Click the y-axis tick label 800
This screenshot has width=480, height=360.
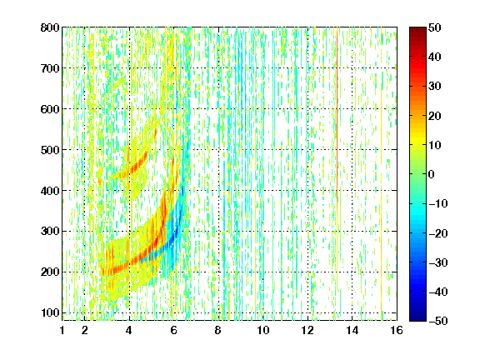click(50, 27)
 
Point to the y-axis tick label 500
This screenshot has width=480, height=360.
click(50, 150)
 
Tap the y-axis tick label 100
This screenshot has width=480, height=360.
click(50, 312)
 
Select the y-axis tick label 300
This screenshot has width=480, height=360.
click(50, 232)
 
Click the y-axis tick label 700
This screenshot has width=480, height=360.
click(50, 68)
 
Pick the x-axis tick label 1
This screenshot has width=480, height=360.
click(62, 330)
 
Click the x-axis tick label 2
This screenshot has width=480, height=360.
click(85, 330)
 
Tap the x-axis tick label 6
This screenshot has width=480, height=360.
click(174, 330)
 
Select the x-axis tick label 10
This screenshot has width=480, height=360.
click(263, 330)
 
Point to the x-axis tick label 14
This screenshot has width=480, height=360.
click(352, 330)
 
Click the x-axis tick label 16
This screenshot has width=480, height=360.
click(397, 330)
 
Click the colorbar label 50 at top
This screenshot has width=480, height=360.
click(435, 27)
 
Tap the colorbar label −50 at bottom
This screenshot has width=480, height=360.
click(437, 321)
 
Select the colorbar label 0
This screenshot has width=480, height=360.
click(432, 174)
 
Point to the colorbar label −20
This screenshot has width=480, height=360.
click(437, 233)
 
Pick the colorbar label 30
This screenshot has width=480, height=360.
click(435, 86)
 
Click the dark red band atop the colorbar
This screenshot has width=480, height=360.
click(417, 33)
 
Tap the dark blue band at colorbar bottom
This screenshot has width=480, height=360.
click(417, 314)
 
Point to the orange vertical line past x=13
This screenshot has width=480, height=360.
click(337, 117)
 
